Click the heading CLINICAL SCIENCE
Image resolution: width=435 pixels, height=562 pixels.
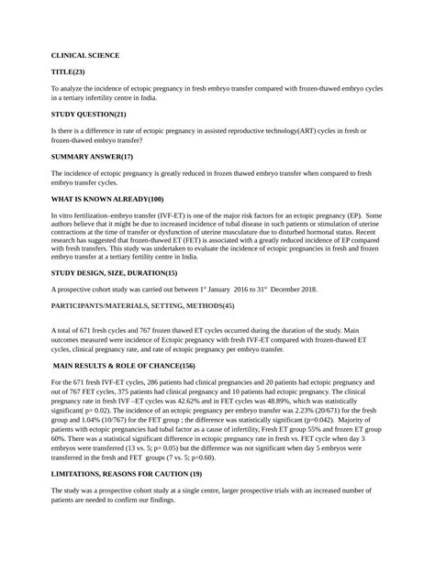click(85, 55)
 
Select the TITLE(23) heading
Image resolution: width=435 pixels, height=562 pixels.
click(68, 71)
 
